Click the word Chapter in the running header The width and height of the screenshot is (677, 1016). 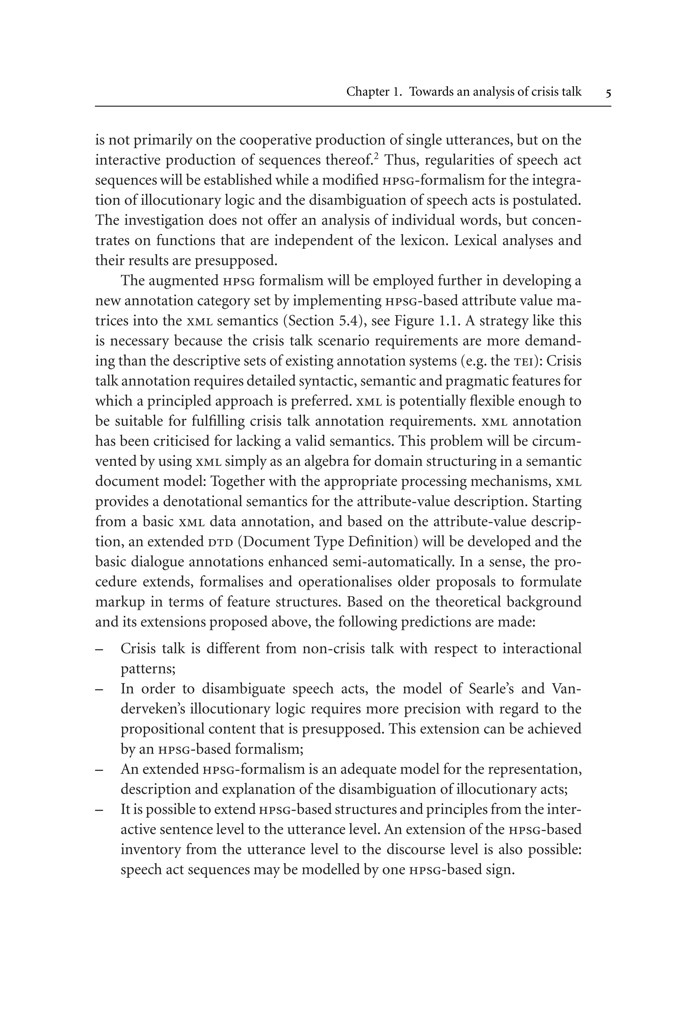tap(368, 92)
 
